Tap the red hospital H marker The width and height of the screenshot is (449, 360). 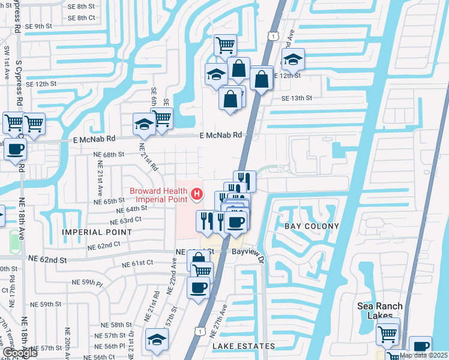(196, 194)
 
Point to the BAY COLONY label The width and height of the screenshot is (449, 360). (312, 226)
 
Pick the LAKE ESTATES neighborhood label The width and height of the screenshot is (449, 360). (243, 346)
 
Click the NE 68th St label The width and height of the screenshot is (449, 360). (109, 154)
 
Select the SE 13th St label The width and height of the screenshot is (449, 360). (297, 98)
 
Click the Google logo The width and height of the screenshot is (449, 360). (20, 353)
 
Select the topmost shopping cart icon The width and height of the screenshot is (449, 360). (225, 44)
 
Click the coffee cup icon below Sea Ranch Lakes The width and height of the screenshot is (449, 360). (421, 347)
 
